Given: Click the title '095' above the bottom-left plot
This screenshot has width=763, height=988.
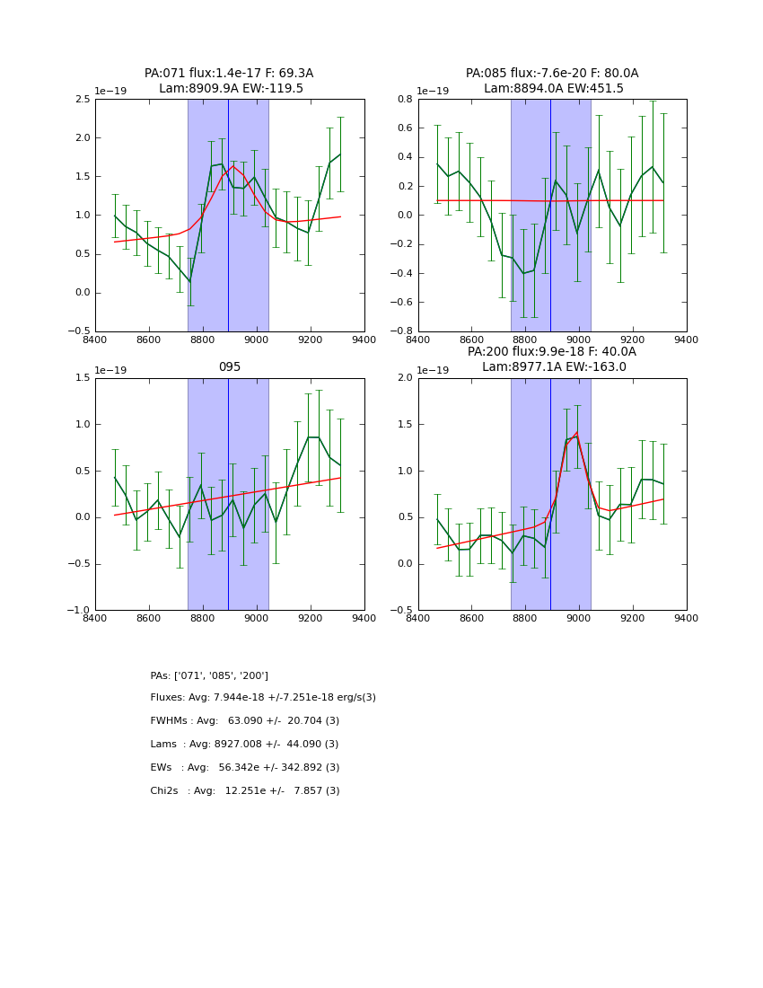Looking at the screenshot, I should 230,367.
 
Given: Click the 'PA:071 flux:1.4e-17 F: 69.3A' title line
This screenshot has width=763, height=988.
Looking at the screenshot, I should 229,74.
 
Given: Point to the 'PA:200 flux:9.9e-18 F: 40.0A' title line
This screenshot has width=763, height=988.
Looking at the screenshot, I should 552,352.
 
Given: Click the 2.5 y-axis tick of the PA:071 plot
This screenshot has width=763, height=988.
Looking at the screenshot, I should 82,100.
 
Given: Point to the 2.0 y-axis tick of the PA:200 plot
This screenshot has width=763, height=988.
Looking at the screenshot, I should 405,378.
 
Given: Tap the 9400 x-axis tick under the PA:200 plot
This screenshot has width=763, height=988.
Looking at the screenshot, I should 687,618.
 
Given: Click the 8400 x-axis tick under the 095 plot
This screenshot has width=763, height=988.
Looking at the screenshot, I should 95,618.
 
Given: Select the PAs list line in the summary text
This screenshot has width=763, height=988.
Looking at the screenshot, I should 209,675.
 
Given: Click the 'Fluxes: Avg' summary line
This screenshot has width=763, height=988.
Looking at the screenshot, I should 263,698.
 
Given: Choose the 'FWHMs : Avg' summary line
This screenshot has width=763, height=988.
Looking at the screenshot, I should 245,721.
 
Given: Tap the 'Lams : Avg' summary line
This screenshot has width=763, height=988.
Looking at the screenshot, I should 244,745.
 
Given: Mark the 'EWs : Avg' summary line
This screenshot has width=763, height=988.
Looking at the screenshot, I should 245,768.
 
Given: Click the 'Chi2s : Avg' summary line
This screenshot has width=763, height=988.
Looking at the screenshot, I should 245,791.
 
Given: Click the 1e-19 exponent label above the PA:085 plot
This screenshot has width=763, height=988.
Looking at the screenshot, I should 433,92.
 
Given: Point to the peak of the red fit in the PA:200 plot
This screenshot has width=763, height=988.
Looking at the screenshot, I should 575,434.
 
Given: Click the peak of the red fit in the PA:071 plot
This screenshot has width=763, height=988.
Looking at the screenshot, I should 233,166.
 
